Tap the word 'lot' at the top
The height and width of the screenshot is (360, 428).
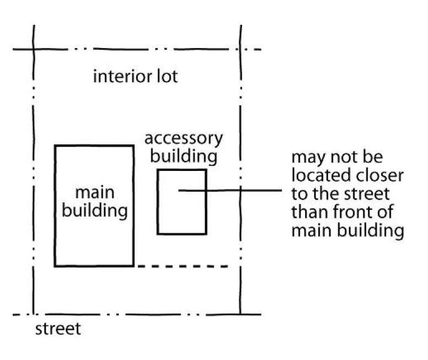point(166,76)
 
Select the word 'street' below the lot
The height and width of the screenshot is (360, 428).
point(57,330)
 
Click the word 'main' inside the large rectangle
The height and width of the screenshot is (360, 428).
point(94,193)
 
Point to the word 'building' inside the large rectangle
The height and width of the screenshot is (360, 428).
point(95,211)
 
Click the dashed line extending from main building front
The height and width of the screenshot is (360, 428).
point(182,267)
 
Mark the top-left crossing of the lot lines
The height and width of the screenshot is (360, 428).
point(34,50)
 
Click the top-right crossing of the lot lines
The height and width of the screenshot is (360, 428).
point(241,50)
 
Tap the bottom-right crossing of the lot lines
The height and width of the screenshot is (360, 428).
point(240,315)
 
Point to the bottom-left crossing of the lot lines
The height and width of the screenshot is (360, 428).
point(34,315)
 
